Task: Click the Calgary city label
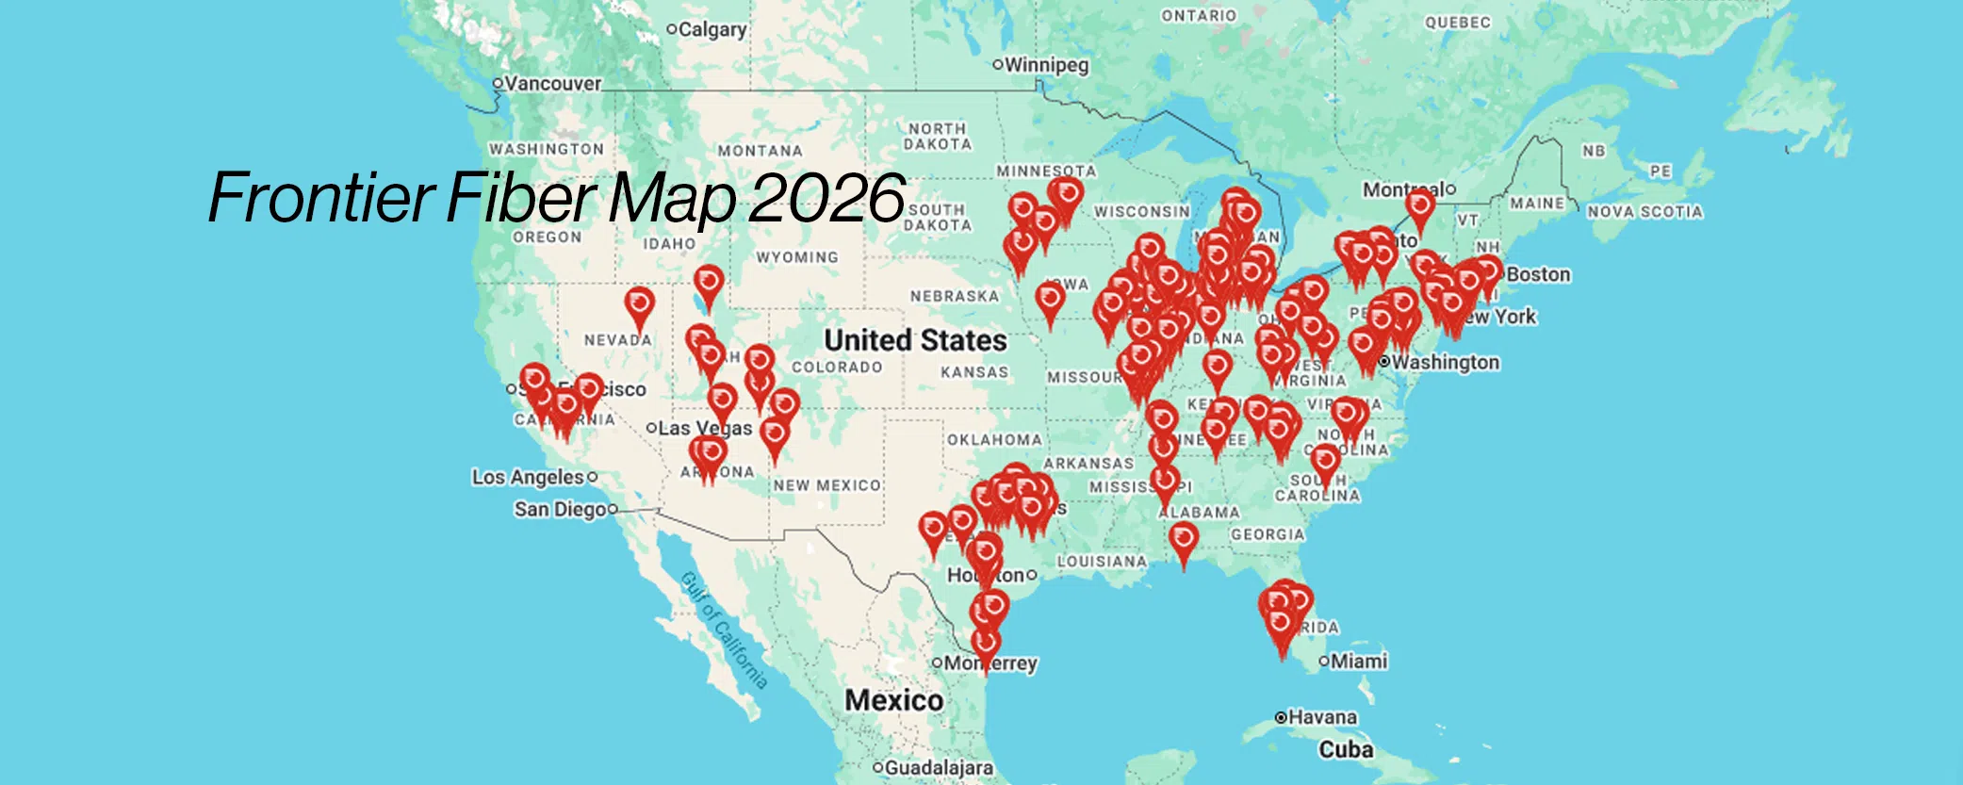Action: coord(712,29)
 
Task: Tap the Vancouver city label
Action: coord(552,83)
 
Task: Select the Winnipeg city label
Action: coord(1046,65)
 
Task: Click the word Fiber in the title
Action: coord(521,198)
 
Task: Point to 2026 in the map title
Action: coord(827,198)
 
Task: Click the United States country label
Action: coord(915,340)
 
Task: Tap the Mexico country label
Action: coord(893,700)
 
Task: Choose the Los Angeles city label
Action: coord(528,477)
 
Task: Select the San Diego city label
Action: coord(560,509)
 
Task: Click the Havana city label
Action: coord(1322,717)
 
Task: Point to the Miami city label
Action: coord(1359,662)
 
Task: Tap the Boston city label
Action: coord(1538,274)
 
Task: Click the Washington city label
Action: coord(1445,362)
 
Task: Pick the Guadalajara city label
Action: coord(938,768)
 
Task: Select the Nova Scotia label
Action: coord(1644,212)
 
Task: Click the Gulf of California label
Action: coord(724,630)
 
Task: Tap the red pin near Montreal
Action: coord(1420,206)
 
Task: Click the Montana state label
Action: coord(760,151)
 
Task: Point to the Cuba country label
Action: coord(1346,750)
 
